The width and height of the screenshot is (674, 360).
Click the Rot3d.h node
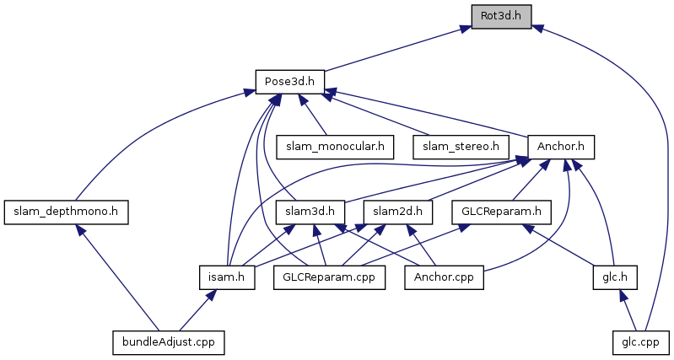[x=501, y=17]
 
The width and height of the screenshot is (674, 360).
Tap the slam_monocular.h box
[x=336, y=147]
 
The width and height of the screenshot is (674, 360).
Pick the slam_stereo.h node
[x=461, y=147]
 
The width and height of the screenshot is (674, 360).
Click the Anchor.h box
[x=561, y=147]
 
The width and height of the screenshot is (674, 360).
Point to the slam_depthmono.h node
[x=66, y=212]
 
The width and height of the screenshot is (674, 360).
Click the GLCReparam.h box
[x=501, y=212]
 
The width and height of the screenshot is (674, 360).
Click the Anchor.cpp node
[x=445, y=277]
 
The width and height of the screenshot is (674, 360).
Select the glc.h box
[x=612, y=277]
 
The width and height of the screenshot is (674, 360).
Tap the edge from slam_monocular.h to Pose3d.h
[x=316, y=117]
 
